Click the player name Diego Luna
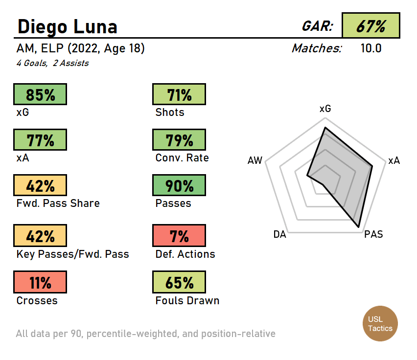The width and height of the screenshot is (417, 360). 68,26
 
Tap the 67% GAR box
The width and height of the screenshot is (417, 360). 371,26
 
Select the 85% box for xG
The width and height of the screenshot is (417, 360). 40,94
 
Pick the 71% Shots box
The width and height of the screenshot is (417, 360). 179,94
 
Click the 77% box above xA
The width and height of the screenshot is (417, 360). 40,140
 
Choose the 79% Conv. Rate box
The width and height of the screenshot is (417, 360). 179,140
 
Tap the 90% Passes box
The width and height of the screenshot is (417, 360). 179,186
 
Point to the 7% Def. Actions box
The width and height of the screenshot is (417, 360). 179,236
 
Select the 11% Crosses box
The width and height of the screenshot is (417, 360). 40,283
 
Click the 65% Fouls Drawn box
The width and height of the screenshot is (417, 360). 179,283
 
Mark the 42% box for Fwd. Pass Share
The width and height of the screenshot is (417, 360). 40,186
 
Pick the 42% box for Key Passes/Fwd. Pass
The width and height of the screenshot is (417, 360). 40,236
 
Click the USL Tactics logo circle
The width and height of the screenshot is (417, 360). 380,324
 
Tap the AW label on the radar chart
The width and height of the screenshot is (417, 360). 255,160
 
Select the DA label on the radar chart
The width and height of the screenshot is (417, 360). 279,234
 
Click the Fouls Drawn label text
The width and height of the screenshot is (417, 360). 187,300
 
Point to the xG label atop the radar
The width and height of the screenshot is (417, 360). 325,109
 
